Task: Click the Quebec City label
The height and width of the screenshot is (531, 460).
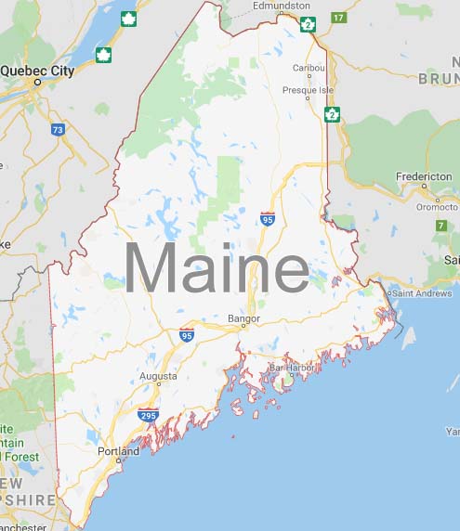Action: coord(36,70)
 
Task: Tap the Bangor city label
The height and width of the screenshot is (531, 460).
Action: coord(244,318)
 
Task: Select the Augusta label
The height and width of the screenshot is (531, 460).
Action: coord(157,377)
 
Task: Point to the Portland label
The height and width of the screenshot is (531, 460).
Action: coord(118,452)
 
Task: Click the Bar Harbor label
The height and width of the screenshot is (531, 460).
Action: coord(293,368)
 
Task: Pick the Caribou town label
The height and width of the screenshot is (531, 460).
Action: coord(308,68)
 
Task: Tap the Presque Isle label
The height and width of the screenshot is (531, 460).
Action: coord(307,90)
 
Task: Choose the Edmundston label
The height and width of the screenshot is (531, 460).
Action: coord(282,6)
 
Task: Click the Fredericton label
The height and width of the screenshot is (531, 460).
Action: coord(424,175)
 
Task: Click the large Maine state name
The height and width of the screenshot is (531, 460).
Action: coord(216,269)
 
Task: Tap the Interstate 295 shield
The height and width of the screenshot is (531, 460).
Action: coord(148,415)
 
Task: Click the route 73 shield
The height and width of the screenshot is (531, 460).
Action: coord(59,131)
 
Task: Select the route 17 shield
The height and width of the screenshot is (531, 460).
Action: coord(338,18)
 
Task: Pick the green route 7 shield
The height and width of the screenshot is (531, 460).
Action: coord(441,226)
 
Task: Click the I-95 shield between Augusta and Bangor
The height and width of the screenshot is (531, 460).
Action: coord(187,334)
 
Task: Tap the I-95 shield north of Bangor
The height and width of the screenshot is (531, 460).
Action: coord(268,218)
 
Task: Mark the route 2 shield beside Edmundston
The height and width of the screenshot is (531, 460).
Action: coord(309,22)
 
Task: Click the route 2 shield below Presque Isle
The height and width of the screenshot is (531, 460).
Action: coord(331,114)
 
